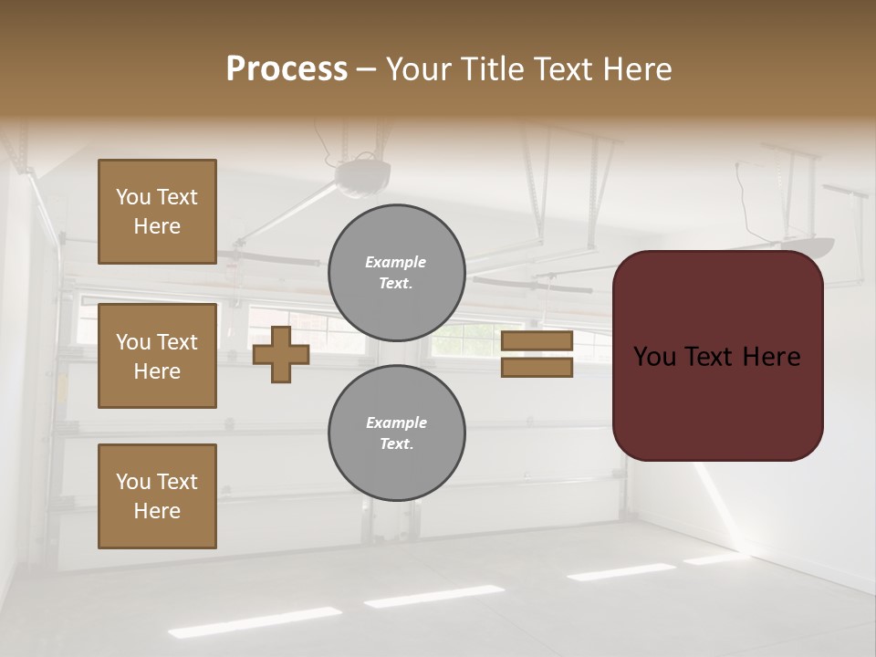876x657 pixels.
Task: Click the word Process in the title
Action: point(287,69)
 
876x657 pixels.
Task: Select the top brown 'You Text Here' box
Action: point(157,212)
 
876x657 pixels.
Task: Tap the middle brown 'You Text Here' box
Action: point(157,356)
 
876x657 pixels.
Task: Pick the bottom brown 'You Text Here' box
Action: point(157,496)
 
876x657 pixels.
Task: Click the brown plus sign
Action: point(281,354)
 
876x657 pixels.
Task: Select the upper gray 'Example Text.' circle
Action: point(396,273)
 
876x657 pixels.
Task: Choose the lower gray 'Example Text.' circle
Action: point(396,433)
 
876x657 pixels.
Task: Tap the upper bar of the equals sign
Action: point(537,341)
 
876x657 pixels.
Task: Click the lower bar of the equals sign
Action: point(537,367)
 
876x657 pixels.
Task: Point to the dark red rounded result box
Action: point(717,355)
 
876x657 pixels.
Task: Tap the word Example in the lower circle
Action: point(396,422)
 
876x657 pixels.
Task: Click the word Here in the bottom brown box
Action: point(157,511)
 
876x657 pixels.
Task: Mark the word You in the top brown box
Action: point(133,197)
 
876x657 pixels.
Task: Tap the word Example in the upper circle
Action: point(396,262)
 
